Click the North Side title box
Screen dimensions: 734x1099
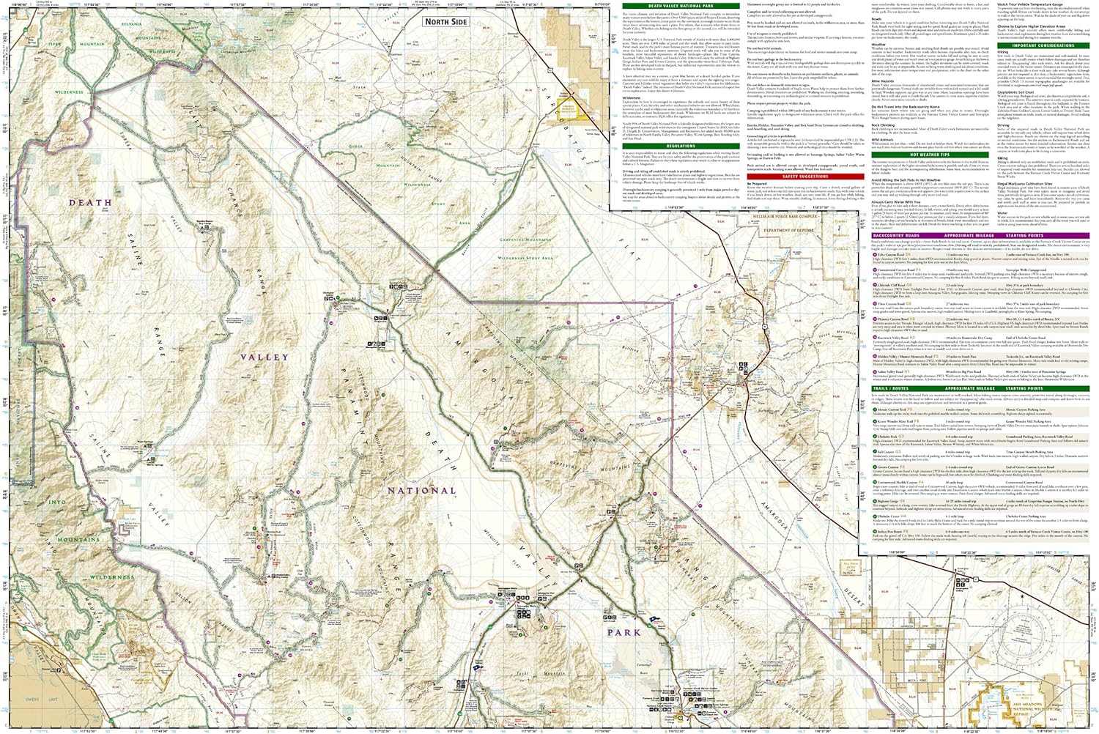[x=445, y=22]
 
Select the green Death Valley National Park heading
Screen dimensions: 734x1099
[x=681, y=6]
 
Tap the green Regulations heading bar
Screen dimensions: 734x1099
[x=681, y=146]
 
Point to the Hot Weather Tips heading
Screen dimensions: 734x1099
[x=929, y=155]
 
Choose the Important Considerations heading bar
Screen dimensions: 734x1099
[x=1043, y=45]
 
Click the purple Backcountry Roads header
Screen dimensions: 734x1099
[x=895, y=236]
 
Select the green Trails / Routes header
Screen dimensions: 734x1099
[x=890, y=389]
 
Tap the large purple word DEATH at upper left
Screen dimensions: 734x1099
[x=90, y=202]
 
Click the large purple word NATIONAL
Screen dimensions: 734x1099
[x=421, y=491]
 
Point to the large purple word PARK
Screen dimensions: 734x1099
[x=623, y=632]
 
